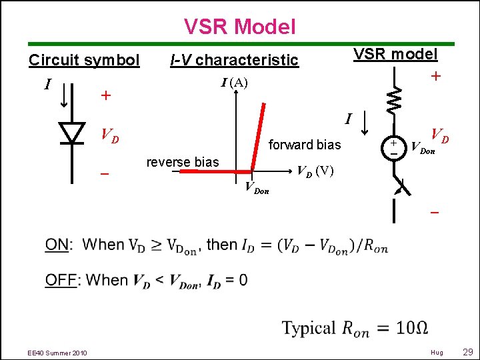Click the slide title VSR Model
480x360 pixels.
[239, 27]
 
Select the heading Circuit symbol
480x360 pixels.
[84, 60]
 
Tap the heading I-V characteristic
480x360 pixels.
[234, 60]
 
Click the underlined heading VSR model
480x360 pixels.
[395, 54]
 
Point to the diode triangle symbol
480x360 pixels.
[72, 133]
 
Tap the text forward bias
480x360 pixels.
[304, 145]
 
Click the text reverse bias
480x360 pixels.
[183, 162]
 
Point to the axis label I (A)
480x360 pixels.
[234, 83]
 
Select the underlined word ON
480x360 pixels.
[57, 245]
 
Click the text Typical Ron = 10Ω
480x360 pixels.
[354, 329]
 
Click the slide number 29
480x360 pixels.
[467, 351]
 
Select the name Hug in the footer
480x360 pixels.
[437, 352]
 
